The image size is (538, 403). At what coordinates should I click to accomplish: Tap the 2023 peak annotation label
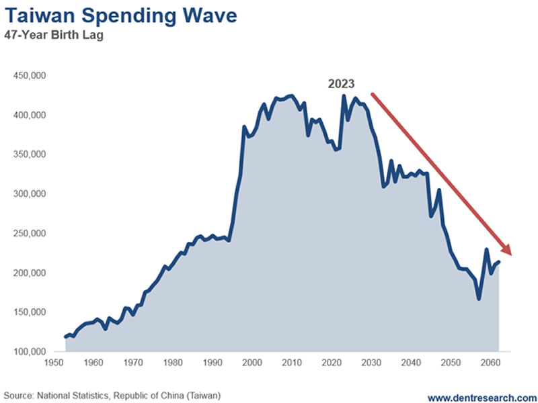click(341, 84)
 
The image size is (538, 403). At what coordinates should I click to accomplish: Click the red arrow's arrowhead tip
click(512, 255)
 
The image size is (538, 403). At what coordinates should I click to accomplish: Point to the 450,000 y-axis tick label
click(29, 76)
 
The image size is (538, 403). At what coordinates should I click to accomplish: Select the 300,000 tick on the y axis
click(29, 194)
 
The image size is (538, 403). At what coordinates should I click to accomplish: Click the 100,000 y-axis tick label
click(29, 352)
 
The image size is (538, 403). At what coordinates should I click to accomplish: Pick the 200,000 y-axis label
click(29, 273)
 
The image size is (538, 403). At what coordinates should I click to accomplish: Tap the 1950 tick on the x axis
click(55, 363)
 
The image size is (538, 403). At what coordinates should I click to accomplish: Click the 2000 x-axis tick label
click(252, 363)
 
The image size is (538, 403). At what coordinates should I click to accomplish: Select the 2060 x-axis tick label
click(489, 363)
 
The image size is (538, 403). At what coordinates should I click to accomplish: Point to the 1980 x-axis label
click(174, 363)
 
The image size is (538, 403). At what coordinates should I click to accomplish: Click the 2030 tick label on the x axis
click(371, 363)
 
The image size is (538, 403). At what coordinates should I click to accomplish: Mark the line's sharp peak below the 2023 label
click(344, 96)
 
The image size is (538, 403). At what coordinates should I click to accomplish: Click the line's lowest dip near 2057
click(479, 299)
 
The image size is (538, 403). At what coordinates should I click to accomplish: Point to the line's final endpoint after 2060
click(498, 262)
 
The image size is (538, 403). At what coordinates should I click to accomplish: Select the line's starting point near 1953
click(66, 337)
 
